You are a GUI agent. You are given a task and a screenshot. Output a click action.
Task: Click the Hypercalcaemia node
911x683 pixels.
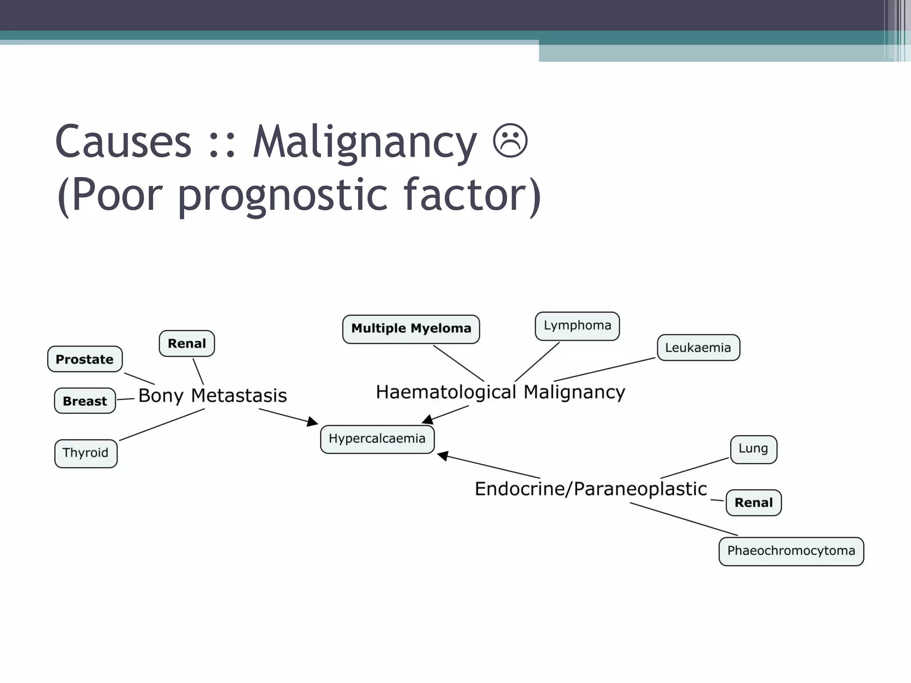[x=377, y=439]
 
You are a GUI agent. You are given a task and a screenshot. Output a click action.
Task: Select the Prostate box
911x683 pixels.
[x=85, y=359]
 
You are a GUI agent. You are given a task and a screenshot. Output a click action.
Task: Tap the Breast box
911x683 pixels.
[x=85, y=401]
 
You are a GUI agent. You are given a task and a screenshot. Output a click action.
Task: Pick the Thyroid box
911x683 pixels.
[x=85, y=453]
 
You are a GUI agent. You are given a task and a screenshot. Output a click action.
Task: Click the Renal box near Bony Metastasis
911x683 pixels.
[x=187, y=343]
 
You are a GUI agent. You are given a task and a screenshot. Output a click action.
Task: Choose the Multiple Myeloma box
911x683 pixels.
[x=411, y=329]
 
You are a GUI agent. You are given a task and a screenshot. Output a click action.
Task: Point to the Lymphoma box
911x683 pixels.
[x=577, y=326]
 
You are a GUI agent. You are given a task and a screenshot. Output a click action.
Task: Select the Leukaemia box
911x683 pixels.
[x=698, y=348]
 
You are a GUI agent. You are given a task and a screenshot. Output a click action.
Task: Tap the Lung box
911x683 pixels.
[x=753, y=449]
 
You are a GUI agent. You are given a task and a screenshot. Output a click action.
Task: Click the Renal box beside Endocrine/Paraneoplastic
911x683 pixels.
[x=754, y=502]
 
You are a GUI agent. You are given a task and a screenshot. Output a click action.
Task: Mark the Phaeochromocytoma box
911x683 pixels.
[x=791, y=551]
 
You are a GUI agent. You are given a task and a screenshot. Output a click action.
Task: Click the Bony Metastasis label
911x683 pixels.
[x=213, y=395]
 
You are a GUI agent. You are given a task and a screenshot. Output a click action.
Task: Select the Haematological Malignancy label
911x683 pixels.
[x=500, y=392]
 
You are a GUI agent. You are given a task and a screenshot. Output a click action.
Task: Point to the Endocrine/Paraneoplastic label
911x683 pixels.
[x=591, y=489]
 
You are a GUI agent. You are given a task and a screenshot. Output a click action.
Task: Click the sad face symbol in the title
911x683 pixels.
[x=510, y=141]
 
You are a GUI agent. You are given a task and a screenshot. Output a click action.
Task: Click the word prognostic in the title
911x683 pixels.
[x=283, y=195]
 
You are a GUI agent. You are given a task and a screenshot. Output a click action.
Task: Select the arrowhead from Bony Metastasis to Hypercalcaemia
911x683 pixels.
[x=313, y=422]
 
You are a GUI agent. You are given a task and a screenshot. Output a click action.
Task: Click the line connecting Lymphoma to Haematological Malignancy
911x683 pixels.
[x=537, y=362]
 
